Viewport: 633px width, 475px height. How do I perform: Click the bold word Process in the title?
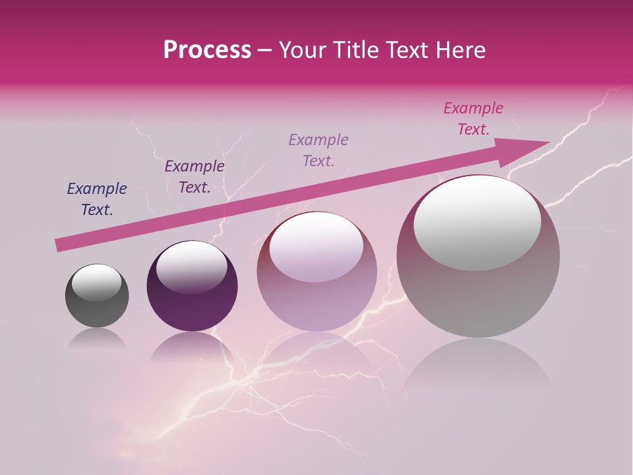click(207, 50)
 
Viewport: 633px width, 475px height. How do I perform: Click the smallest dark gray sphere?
click(97, 311)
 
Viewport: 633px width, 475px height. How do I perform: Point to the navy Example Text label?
click(97, 199)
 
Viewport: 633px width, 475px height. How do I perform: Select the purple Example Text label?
click(194, 176)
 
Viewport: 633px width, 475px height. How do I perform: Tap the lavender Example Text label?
click(318, 150)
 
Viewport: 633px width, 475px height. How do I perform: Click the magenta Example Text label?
click(473, 119)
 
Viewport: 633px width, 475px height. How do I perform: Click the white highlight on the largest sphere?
click(477, 223)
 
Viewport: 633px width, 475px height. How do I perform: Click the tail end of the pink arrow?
click(59, 245)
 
